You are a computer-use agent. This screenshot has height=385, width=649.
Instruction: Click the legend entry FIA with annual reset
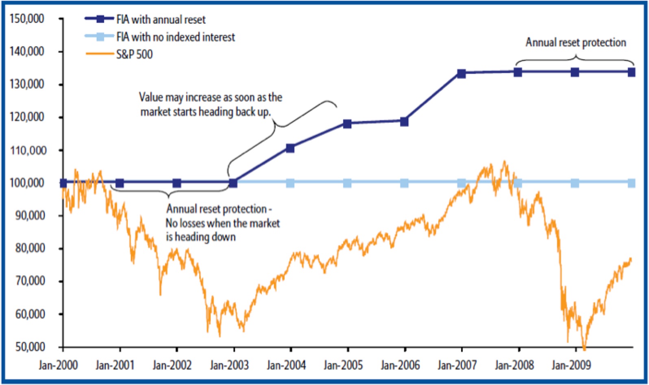click(x=161, y=19)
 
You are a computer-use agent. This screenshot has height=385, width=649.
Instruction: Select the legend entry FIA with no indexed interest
click(x=176, y=37)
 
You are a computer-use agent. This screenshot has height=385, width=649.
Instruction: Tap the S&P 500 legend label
click(x=134, y=54)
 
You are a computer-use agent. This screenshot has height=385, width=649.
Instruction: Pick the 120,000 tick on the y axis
click(x=28, y=117)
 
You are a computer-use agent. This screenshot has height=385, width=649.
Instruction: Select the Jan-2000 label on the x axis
click(x=58, y=365)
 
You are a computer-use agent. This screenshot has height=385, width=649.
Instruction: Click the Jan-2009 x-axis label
click(x=571, y=365)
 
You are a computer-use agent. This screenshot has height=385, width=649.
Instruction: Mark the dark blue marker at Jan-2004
click(x=290, y=148)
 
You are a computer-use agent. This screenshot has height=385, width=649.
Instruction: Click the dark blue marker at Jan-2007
click(x=461, y=74)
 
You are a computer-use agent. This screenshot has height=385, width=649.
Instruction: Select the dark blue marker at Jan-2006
click(x=404, y=121)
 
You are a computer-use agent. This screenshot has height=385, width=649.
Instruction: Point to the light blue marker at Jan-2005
click(x=347, y=183)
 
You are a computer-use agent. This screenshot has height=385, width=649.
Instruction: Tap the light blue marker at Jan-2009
click(x=575, y=183)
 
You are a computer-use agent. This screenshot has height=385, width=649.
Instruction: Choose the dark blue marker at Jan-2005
click(x=347, y=124)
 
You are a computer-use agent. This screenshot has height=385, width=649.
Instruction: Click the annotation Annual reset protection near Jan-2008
click(x=576, y=43)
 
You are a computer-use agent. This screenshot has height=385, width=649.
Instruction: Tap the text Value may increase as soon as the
click(x=211, y=97)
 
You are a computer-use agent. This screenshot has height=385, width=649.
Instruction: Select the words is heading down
click(x=201, y=236)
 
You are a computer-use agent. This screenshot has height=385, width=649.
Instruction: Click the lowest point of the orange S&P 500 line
click(x=584, y=348)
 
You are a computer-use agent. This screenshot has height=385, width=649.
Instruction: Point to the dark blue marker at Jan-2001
click(x=120, y=183)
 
